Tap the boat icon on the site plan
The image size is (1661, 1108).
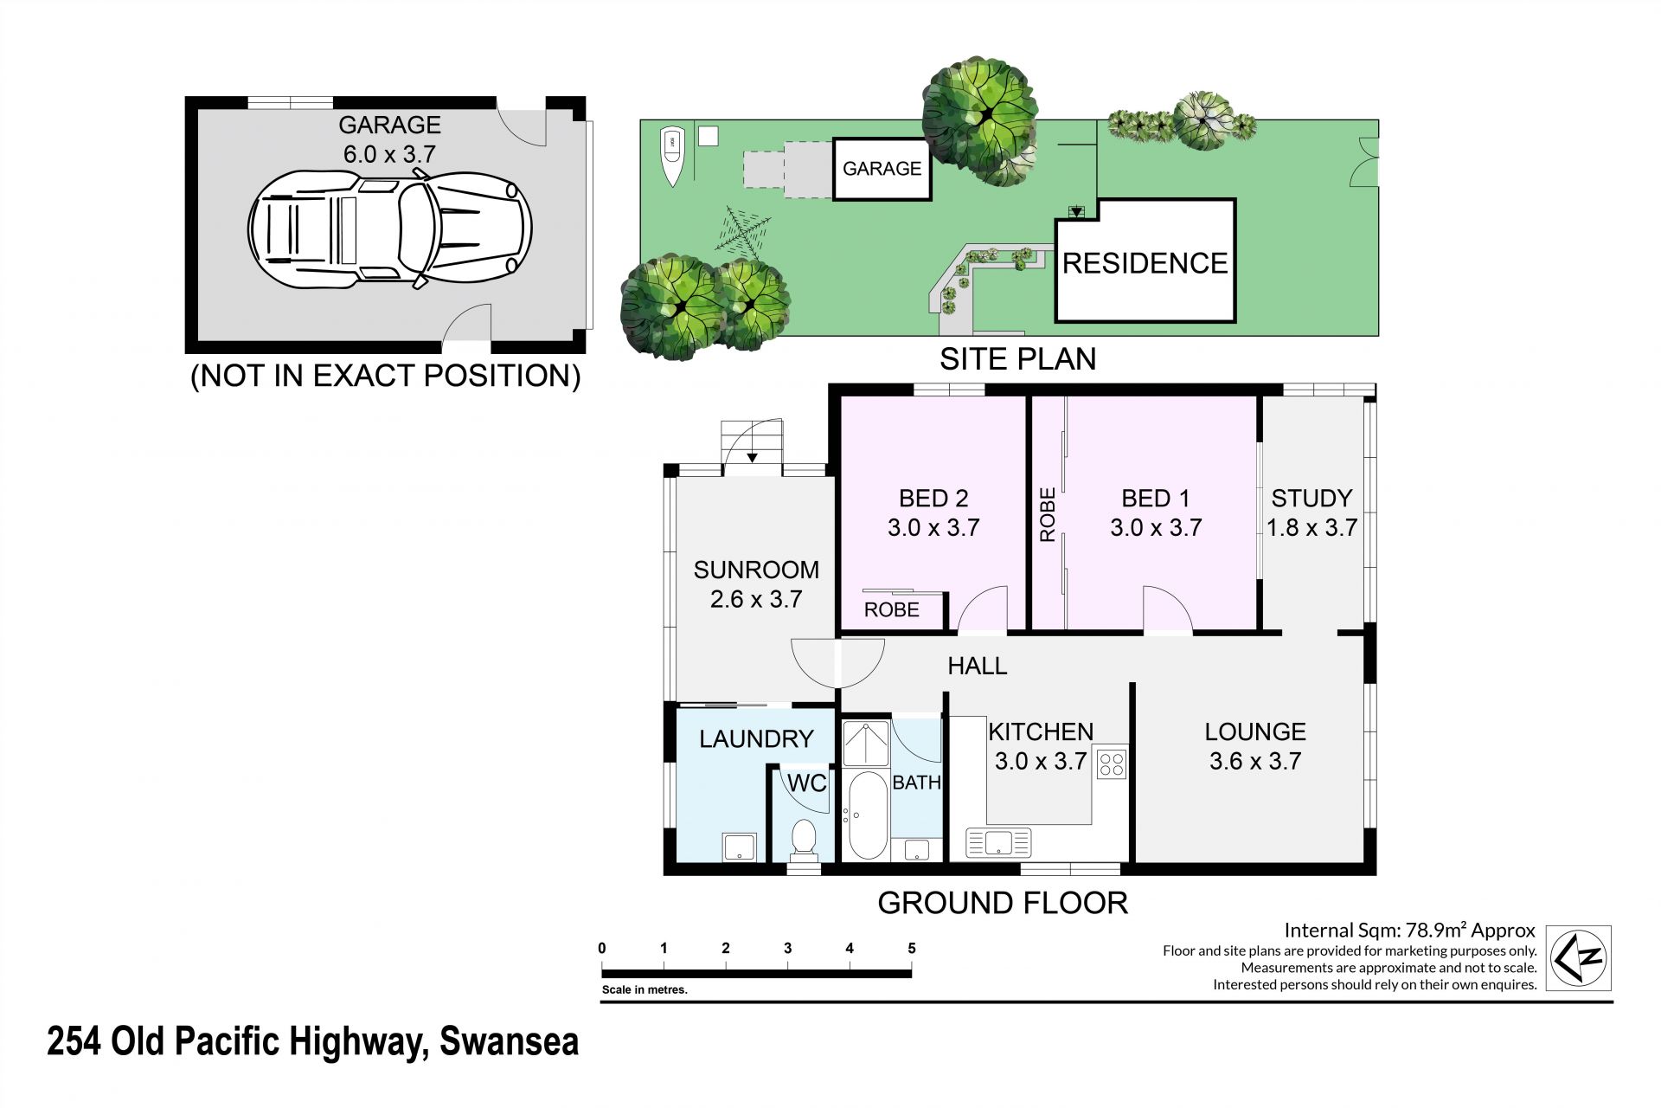tap(672, 157)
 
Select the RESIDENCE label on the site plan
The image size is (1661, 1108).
tap(1145, 263)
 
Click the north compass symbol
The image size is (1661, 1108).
tap(1579, 957)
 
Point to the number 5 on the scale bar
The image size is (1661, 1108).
tap(912, 949)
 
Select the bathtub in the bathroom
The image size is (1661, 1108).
tap(866, 815)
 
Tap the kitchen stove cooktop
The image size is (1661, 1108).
tap(1111, 763)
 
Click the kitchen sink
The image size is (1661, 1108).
tap(999, 841)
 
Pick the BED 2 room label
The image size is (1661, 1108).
tap(933, 499)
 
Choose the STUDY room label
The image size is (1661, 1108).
tap(1311, 499)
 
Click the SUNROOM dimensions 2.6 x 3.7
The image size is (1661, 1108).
tap(756, 599)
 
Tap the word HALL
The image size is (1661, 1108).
tap(978, 666)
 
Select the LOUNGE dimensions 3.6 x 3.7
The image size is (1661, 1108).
tap(1255, 761)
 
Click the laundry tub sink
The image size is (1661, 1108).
tap(740, 847)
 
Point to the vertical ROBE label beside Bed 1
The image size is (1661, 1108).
tap(1048, 515)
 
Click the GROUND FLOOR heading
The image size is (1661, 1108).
tap(1003, 903)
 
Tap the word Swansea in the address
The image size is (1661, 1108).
tap(510, 1041)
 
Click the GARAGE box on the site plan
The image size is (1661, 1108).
tap(882, 169)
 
